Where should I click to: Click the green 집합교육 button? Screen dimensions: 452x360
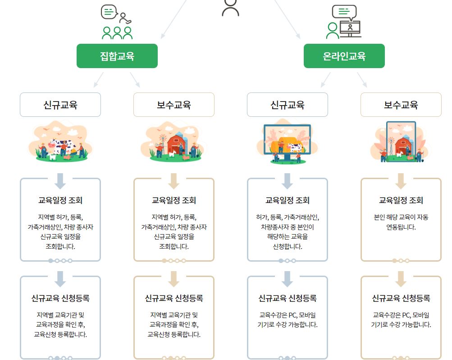[117, 56]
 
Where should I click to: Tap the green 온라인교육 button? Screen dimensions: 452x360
[344, 56]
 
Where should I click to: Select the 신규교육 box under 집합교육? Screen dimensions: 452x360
[60, 105]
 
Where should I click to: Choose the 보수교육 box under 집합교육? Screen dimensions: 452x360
[174, 105]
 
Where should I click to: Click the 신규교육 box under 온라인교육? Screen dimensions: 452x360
[288, 105]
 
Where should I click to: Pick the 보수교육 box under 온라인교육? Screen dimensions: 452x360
[401, 105]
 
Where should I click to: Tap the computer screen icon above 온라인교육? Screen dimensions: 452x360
[350, 28]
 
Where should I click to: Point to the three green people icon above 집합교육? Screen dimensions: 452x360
[117, 32]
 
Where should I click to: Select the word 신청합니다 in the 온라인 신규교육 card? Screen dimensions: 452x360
[288, 246]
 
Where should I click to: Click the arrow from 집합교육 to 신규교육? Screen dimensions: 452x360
[98, 80]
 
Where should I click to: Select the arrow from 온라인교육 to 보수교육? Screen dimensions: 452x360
[362, 80]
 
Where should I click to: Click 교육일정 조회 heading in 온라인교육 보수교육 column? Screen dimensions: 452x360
[401, 200]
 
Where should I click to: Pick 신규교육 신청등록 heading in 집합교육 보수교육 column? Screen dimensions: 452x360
[174, 298]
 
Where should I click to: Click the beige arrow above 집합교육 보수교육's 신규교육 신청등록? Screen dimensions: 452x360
[174, 278]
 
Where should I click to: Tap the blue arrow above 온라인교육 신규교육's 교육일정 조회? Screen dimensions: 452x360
[288, 180]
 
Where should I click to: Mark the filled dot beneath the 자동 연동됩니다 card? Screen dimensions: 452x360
[394, 260]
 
